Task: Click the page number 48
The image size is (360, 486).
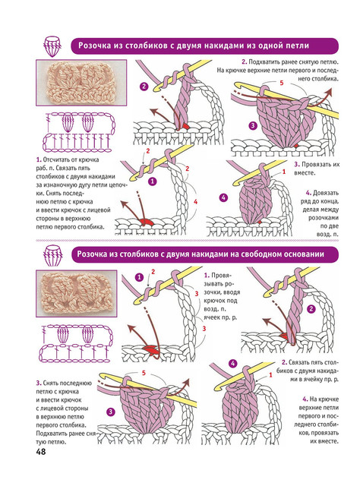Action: click(40, 452)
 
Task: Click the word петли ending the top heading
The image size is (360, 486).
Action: click(297, 46)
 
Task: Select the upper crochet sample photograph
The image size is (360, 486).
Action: click(81, 83)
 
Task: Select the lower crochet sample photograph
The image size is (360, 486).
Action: click(76, 293)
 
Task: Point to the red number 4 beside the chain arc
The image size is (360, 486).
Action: click(195, 202)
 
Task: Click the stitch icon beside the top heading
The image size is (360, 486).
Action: click(52, 46)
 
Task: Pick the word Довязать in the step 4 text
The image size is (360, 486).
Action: click(326, 193)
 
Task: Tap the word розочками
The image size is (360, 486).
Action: click(324, 218)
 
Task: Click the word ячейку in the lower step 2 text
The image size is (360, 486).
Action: click(311, 379)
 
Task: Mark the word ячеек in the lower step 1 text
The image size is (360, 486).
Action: click(212, 317)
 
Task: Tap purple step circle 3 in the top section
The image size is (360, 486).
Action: click(253, 125)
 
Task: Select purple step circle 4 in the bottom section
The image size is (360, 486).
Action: click(233, 364)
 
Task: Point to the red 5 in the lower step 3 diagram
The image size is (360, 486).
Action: click(144, 373)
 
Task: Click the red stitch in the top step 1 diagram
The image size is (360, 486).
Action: click(146, 222)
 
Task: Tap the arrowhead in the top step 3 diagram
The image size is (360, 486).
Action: click(328, 91)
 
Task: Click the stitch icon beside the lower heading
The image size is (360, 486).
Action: click(52, 255)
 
